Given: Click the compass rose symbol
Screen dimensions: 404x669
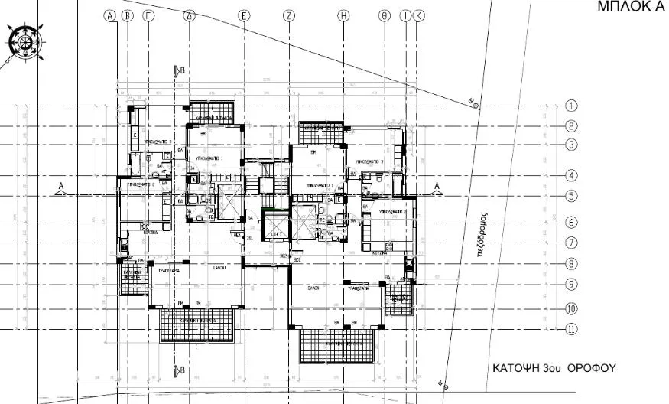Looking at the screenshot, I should [x=24, y=43].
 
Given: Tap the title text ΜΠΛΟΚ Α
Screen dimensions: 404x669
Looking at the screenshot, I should [x=629, y=7].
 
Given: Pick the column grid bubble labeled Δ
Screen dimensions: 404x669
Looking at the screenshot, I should [x=190, y=15].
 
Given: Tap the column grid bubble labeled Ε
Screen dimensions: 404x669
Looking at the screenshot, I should [x=244, y=15].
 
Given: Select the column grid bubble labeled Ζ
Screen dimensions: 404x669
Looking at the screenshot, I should [x=288, y=15].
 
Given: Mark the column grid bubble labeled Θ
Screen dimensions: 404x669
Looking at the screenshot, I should [x=385, y=15].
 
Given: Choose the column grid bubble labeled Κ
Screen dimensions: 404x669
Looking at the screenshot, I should [x=417, y=15].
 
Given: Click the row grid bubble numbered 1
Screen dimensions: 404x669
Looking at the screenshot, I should [x=570, y=106].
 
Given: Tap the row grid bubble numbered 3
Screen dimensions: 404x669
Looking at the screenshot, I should [x=570, y=144].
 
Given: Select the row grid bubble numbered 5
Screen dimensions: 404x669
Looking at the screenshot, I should [x=570, y=195].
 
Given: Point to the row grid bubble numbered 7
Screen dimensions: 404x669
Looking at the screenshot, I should [x=570, y=243].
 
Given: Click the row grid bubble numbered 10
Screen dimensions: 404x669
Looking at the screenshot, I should [x=570, y=309].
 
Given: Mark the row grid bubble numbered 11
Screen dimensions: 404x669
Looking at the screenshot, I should [x=570, y=330].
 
